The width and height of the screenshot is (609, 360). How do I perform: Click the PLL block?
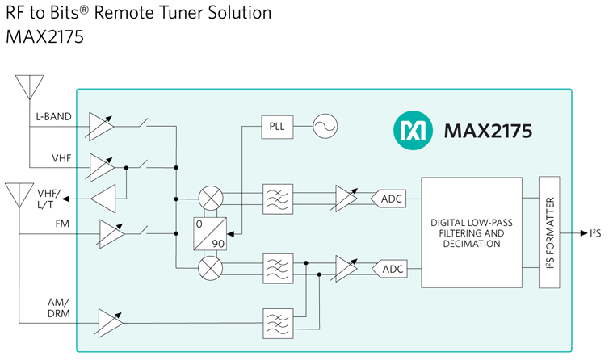pos(277,127)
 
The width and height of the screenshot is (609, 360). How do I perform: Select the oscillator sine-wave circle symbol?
pos(325,126)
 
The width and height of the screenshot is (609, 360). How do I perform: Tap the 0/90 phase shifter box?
pos(210,233)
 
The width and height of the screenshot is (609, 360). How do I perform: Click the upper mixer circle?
pos(211,198)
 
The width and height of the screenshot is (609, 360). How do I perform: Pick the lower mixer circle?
pos(211,268)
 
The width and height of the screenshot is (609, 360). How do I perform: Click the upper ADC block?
pos(388,199)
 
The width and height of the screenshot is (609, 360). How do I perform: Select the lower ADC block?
pos(389,269)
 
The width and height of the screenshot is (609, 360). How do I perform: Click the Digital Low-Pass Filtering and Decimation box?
pos(472,232)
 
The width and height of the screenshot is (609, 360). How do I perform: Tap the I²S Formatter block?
pos(549,232)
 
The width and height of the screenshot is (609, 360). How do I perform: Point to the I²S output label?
pos(595,233)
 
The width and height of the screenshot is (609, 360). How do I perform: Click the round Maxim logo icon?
pos(413,130)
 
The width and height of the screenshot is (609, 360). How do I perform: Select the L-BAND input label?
pos(53,116)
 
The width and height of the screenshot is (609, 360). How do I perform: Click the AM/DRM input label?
pos(59,308)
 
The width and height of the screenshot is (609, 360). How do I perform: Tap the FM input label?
pos(62,224)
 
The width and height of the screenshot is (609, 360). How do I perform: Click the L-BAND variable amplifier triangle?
pos(101,127)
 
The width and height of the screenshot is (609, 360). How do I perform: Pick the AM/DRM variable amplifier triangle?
pos(111,323)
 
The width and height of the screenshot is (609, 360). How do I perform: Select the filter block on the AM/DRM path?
pos(278,324)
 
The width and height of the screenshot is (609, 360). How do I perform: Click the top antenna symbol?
pos(30,87)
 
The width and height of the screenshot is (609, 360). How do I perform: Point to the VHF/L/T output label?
pos(49,199)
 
